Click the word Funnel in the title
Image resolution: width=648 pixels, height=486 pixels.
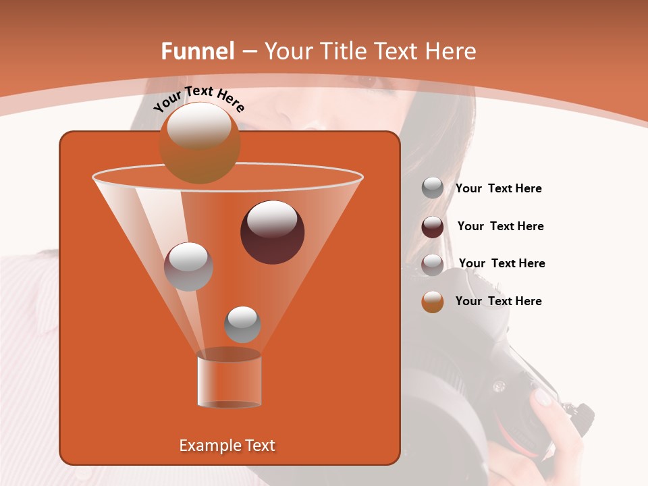tap(197, 51)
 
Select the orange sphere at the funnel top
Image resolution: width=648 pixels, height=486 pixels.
tap(199, 143)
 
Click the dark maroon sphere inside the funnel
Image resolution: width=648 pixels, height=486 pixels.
tap(272, 232)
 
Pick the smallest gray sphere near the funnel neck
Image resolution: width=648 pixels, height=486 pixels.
tap(242, 324)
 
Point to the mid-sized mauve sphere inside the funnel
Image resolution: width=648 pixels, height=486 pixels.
tap(188, 267)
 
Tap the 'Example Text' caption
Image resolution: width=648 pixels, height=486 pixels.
tap(227, 446)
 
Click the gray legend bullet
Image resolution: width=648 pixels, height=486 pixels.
tap(433, 188)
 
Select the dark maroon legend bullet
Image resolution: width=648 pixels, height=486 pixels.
tap(433, 227)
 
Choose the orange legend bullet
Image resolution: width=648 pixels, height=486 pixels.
tap(433, 302)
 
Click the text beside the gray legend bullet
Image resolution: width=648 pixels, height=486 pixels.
tap(498, 189)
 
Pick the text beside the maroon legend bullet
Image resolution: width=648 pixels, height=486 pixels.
tap(500, 226)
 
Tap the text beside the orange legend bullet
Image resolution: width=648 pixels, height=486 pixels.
tap(498, 301)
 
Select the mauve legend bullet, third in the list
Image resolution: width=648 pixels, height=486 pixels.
tap(433, 265)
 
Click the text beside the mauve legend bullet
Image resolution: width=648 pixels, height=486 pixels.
tap(502, 263)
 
